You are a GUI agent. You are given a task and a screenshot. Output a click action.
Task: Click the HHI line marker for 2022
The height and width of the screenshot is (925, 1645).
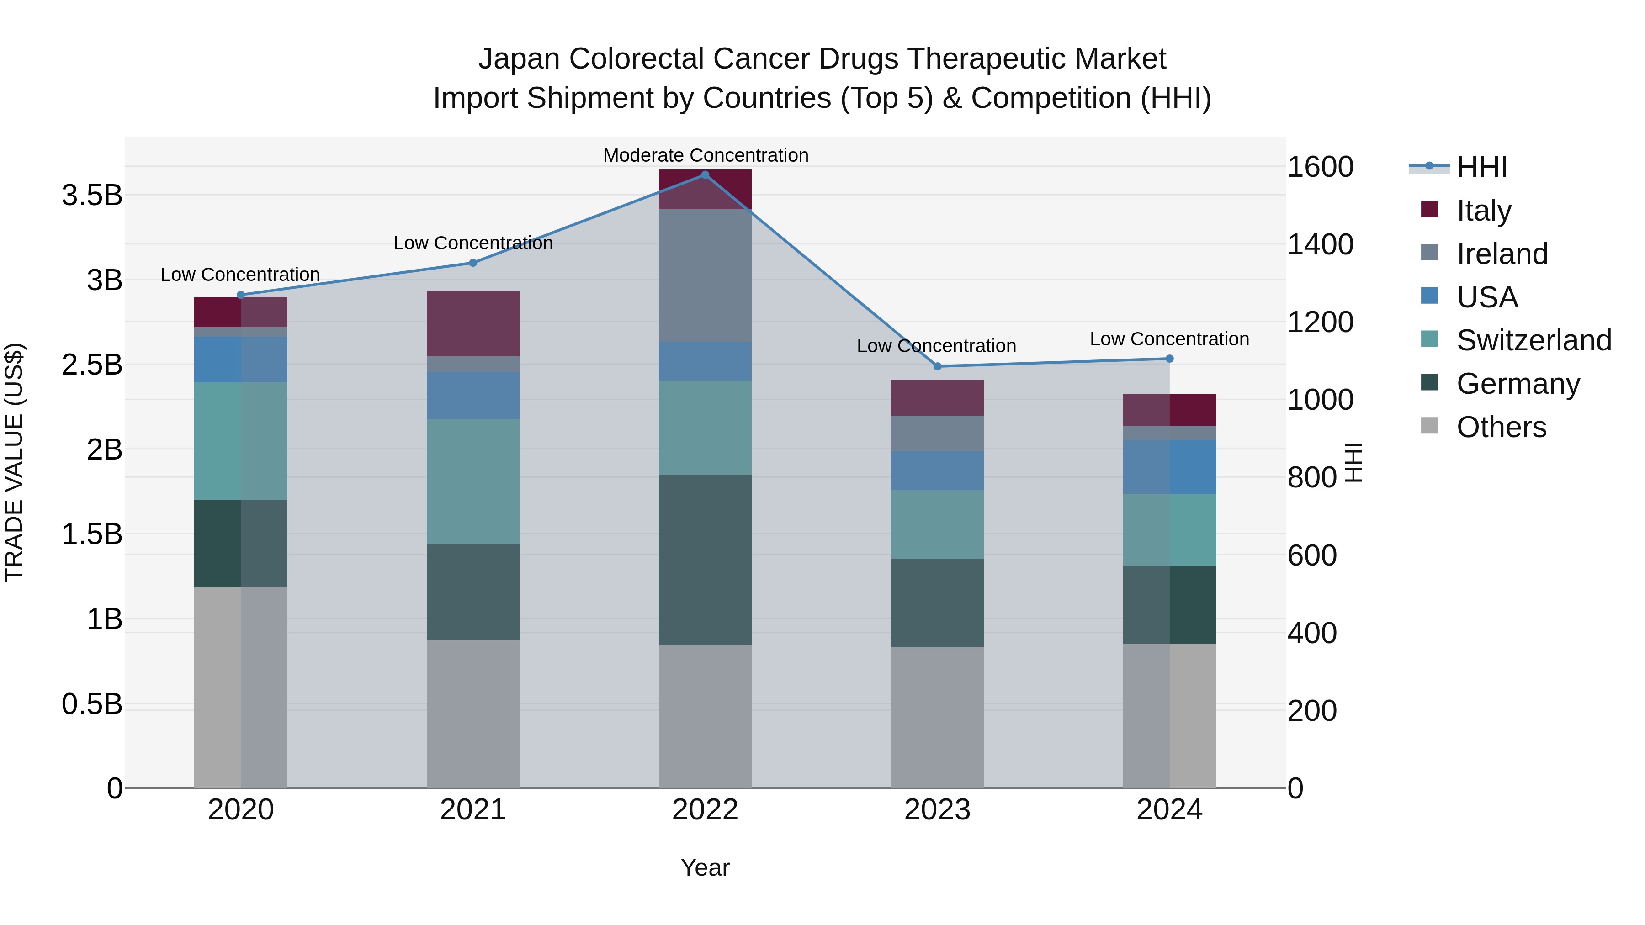[705, 174]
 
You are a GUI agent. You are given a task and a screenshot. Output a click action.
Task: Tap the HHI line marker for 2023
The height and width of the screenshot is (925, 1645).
[938, 366]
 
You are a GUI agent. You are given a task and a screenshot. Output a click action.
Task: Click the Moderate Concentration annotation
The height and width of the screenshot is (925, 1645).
[706, 155]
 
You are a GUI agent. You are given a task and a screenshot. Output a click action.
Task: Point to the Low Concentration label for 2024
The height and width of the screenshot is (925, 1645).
[1169, 339]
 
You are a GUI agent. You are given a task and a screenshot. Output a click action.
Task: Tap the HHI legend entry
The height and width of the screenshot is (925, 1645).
[1481, 167]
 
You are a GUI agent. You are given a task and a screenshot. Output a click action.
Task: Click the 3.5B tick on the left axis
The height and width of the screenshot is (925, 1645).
[91, 195]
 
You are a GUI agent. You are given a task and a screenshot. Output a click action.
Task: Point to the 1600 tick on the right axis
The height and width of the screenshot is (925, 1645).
[1320, 167]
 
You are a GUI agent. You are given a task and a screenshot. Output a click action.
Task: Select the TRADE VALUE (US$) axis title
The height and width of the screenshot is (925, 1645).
[14, 462]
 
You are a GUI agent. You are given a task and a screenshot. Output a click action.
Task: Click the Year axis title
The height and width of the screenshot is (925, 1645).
[705, 867]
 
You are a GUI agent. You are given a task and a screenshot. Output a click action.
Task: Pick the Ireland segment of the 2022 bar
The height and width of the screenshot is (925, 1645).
[705, 275]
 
